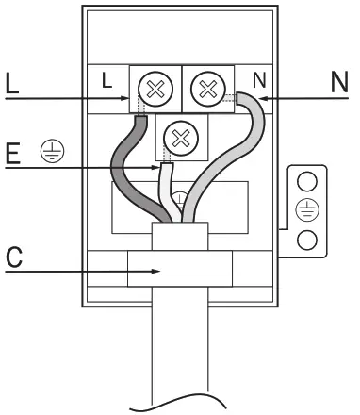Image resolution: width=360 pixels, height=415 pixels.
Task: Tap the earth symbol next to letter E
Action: (42, 152)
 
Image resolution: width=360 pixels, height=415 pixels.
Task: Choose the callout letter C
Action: (11, 257)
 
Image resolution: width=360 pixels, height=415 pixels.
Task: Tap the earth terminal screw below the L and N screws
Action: (175, 141)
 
